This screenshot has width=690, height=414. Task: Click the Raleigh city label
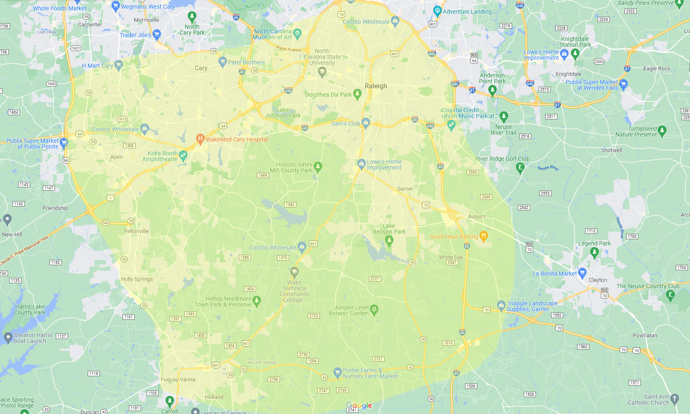pos(376,86)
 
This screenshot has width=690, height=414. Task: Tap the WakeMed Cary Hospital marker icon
pos(200,139)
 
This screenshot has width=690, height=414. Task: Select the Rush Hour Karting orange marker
pos(484,236)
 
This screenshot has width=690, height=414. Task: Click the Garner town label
pos(405,189)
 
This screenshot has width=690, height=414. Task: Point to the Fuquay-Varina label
pos(178,380)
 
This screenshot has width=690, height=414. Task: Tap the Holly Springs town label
pos(137,279)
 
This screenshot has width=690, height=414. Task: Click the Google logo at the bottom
pos(359,405)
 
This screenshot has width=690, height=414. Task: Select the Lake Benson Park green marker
pos(389,240)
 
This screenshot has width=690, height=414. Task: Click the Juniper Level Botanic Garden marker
pos(374,310)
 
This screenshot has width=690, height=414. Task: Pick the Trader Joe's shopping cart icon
pos(157,34)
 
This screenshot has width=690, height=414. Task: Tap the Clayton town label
pos(598,280)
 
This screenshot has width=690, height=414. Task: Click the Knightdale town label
pos(568,74)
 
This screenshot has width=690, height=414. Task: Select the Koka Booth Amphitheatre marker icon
pos(183,155)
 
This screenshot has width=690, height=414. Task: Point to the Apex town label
pos(117,157)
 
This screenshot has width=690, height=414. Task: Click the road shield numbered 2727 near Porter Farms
pos(378,359)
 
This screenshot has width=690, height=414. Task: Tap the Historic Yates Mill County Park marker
pos(318,167)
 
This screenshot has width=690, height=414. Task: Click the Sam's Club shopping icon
pos(366,122)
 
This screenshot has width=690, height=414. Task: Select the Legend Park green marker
pos(594,252)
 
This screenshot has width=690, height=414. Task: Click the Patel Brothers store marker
pos(223,62)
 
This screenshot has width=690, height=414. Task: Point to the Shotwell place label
pos(612,150)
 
